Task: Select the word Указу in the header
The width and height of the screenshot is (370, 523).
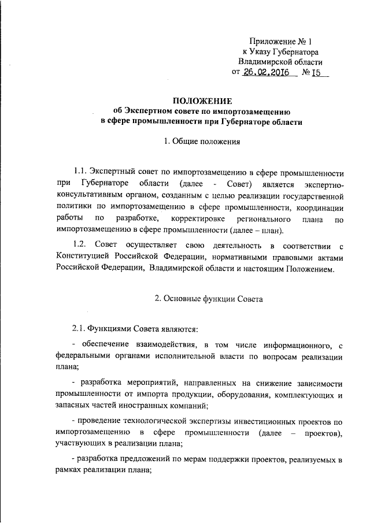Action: pos(264,51)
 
